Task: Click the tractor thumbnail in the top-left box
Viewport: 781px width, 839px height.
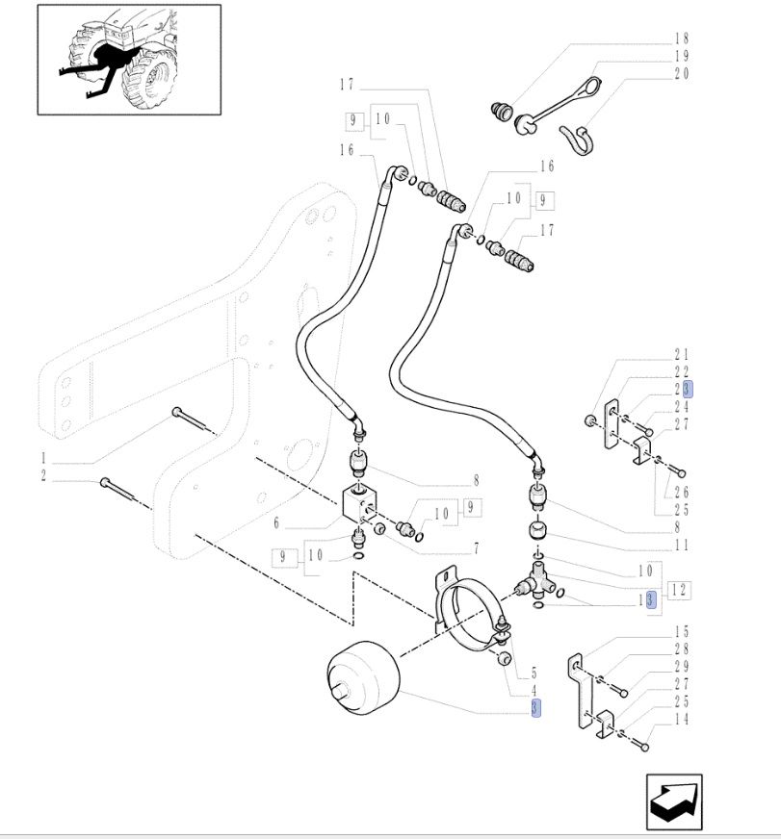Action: pyautogui.click(x=129, y=60)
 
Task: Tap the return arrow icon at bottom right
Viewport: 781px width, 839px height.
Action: pyautogui.click(x=673, y=801)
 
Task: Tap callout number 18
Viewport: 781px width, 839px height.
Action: pyautogui.click(x=683, y=39)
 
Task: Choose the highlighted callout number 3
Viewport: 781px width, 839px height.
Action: pyautogui.click(x=535, y=708)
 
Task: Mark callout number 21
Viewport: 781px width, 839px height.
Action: pyautogui.click(x=683, y=354)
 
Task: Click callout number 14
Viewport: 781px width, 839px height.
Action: pyautogui.click(x=683, y=719)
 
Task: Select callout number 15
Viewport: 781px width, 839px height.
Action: pyautogui.click(x=683, y=632)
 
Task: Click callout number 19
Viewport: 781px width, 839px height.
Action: pyautogui.click(x=683, y=57)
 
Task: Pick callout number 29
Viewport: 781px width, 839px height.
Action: pyautogui.click(x=683, y=667)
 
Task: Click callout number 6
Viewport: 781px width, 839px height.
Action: pyautogui.click(x=276, y=523)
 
